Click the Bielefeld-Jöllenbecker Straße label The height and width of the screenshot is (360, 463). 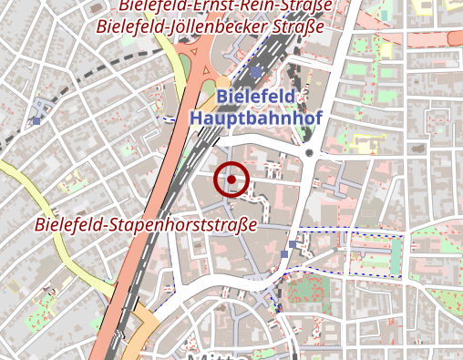211,26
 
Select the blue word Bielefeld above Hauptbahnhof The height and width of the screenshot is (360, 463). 256,97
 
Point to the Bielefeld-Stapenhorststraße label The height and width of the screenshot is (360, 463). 146,223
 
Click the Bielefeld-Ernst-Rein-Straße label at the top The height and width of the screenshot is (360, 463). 224,5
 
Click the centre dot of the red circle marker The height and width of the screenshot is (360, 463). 231,180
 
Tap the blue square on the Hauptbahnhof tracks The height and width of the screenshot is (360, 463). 256,71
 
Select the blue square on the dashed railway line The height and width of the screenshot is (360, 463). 36,120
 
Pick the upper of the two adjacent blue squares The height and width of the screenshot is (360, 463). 292,244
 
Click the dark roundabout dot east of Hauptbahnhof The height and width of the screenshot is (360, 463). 310,152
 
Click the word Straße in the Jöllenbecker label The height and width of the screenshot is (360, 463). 298,26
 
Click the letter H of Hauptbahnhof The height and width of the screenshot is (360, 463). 196,117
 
